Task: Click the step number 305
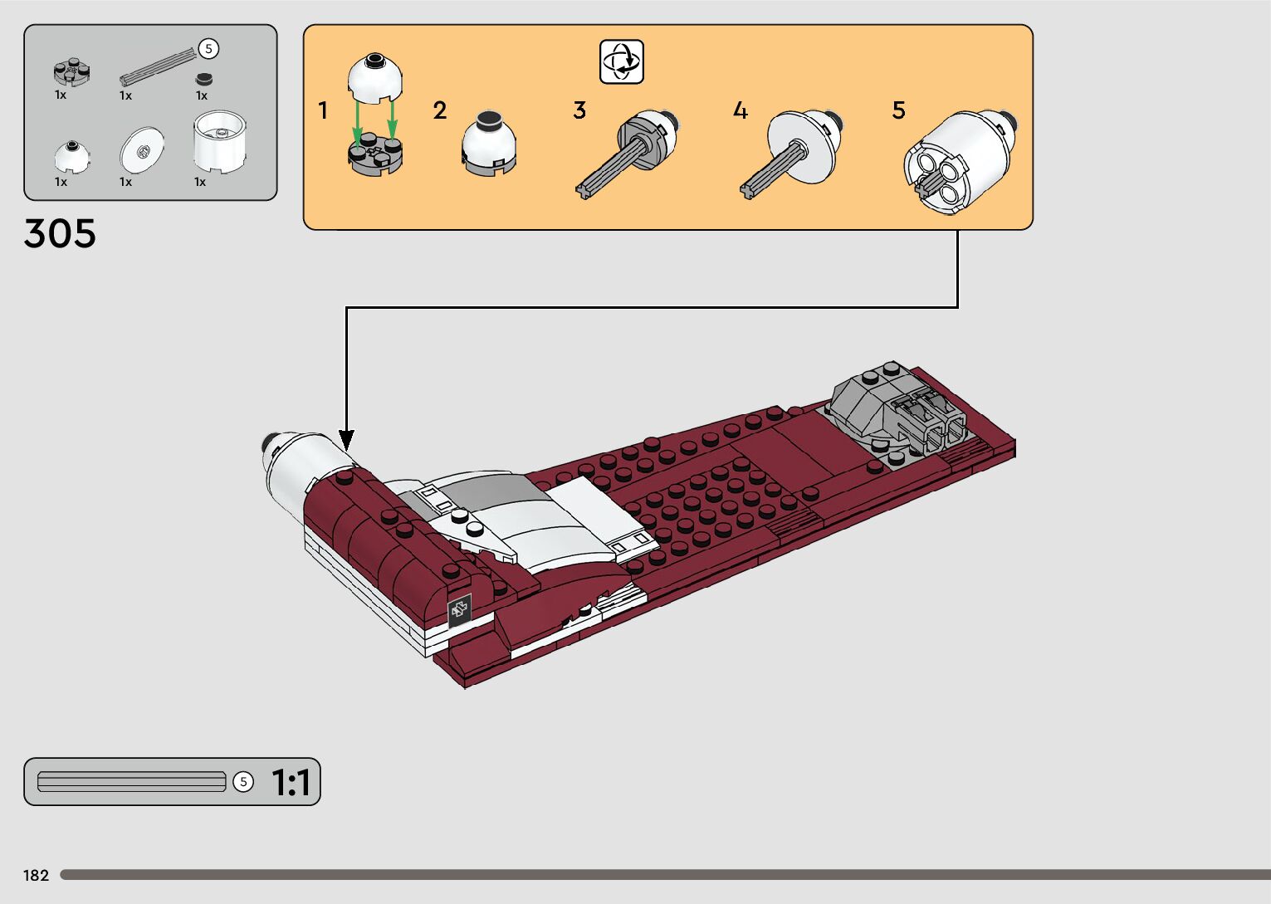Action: point(60,234)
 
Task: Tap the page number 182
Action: point(37,876)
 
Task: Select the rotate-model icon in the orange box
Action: point(622,61)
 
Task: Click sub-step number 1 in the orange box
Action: point(323,110)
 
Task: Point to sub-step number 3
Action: point(579,110)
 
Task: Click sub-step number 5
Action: point(898,110)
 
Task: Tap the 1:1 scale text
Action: point(291,783)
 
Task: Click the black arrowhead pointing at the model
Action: point(346,441)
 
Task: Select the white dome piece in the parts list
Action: point(72,156)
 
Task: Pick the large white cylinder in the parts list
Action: point(219,141)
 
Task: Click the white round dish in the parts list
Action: point(142,149)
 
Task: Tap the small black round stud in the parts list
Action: point(203,80)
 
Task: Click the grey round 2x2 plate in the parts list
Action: point(72,73)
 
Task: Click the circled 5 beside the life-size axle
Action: point(243,782)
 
